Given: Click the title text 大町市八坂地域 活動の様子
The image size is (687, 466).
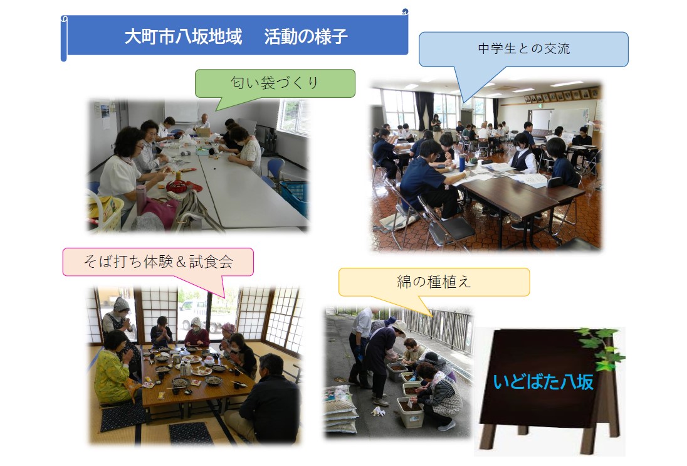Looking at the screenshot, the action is coord(236,36).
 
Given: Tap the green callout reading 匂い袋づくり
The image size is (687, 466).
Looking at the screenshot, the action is coord(275,83).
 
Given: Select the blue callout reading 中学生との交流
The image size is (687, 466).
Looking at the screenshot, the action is coord(523,49).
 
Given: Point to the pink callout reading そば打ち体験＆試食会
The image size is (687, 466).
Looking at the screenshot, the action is coord(158,262).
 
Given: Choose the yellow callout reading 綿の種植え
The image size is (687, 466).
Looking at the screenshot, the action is coord(434,282).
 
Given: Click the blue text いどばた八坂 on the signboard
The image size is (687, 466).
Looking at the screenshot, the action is coord(543,382).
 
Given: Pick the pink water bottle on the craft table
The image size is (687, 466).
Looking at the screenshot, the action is coord(140,200).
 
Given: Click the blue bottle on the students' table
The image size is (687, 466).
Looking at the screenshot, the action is coord(462,163).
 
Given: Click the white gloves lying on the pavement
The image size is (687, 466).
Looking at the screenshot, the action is coord(377,411).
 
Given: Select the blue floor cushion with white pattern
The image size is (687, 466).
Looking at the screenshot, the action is coord(191,433).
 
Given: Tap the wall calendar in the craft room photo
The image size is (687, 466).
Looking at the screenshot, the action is coord(105,114).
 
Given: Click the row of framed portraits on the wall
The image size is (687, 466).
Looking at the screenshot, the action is coord(562,95).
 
